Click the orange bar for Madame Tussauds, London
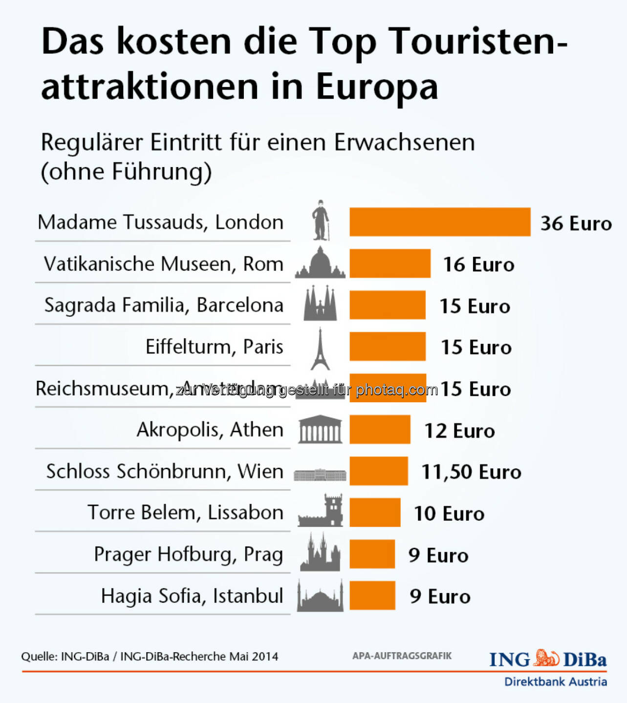[x=440, y=222]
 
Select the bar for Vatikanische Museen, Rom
[x=390, y=264]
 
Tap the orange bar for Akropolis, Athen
[x=380, y=430]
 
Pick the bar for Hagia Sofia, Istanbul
[x=372, y=596]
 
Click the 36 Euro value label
[x=576, y=224]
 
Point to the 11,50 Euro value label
[x=471, y=472]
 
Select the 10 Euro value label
[x=449, y=514]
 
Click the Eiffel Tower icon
[x=320, y=349]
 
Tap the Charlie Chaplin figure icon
[x=321, y=220]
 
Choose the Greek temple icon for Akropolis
[x=320, y=430]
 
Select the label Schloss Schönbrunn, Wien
[x=165, y=472]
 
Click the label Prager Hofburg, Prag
[x=188, y=555]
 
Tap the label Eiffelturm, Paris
[x=214, y=347]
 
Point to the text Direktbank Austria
[x=555, y=682]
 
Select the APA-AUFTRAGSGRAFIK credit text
[x=402, y=656]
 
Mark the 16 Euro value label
[x=478, y=265]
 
